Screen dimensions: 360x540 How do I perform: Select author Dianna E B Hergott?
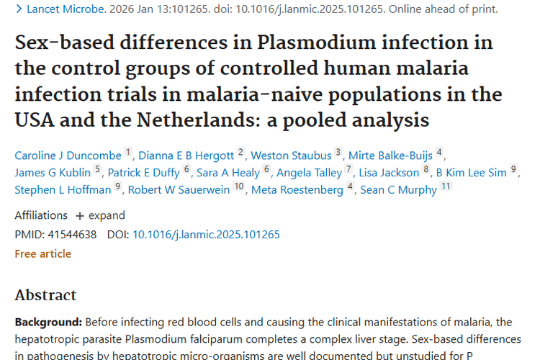[186, 155]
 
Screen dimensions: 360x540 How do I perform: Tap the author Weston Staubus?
[291, 155]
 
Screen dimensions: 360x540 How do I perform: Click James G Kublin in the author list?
[53, 172]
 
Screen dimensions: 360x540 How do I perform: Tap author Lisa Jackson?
[389, 172]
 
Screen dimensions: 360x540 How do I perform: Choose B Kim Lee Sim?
[472, 172]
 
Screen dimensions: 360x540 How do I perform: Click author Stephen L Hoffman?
[63, 190]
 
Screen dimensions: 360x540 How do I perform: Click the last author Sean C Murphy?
[398, 190]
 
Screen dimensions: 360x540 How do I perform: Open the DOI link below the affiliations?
[206, 234]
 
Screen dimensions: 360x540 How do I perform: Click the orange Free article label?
[43, 253]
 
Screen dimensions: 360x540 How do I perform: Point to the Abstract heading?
[45, 295]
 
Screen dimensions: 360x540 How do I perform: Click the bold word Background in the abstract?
[48, 322]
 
